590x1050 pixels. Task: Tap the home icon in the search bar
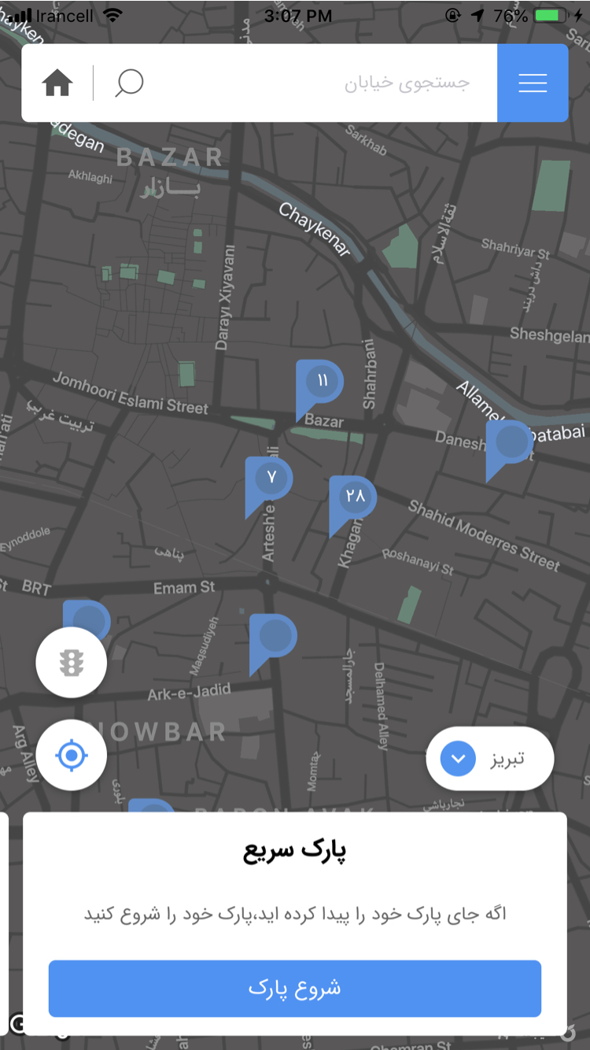pyautogui.click(x=58, y=83)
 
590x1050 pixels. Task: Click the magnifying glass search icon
pyautogui.click(x=129, y=83)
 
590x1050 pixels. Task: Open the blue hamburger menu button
pyautogui.click(x=533, y=83)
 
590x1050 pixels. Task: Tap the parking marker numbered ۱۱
pyautogui.click(x=321, y=383)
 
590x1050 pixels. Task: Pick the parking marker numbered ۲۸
pyautogui.click(x=354, y=497)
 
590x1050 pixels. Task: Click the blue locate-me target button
pyautogui.click(x=72, y=756)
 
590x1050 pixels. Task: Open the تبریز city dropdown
pyautogui.click(x=489, y=759)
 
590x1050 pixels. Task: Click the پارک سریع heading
pyautogui.click(x=295, y=852)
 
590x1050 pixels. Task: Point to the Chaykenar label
pyautogui.click(x=315, y=229)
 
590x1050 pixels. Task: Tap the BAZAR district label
pyautogui.click(x=170, y=158)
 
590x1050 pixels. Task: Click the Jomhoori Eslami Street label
pyautogui.click(x=131, y=393)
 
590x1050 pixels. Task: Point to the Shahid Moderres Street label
pyautogui.click(x=483, y=535)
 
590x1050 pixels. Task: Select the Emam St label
pyautogui.click(x=184, y=587)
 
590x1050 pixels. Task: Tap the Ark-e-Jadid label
pyautogui.click(x=190, y=692)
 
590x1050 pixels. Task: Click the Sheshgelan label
pyautogui.click(x=548, y=335)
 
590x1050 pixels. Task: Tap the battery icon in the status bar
pyautogui.click(x=550, y=16)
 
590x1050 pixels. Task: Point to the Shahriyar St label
pyautogui.click(x=515, y=249)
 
